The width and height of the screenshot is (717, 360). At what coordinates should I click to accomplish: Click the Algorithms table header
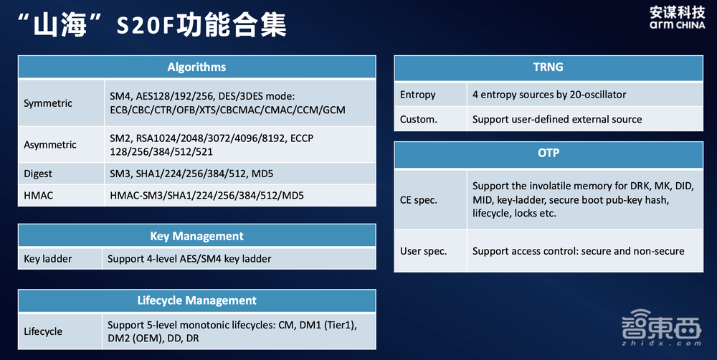coord(196,67)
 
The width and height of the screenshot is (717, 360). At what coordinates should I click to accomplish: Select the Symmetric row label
coord(48,103)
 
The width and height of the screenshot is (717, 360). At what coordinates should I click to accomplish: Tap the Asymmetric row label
coord(50,145)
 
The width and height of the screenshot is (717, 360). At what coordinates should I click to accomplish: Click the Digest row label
coord(38,174)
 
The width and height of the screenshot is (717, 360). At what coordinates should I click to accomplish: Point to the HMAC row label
coord(39,195)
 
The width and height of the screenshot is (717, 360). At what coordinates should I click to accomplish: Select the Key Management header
coord(196,236)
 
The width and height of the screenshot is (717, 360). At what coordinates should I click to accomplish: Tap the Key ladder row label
coord(47,259)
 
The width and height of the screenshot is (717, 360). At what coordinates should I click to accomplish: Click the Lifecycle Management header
coord(196,300)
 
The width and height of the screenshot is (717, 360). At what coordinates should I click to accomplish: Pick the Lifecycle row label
coord(43,331)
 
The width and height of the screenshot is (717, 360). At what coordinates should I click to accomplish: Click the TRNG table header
coord(549,67)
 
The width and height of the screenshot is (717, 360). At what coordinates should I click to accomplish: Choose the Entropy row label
coord(417,95)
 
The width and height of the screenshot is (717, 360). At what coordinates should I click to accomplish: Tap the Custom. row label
coord(419,119)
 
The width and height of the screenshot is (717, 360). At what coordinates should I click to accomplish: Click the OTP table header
coord(549,153)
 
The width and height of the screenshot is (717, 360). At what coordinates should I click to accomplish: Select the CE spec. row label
coord(419,200)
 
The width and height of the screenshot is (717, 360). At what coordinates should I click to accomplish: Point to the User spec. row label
coord(424,251)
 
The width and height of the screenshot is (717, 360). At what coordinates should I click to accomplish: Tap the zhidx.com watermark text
coord(661,343)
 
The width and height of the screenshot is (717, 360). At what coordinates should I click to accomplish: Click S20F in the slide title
coord(146,26)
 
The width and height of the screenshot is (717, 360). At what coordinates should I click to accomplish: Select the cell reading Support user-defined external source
coord(557,119)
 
